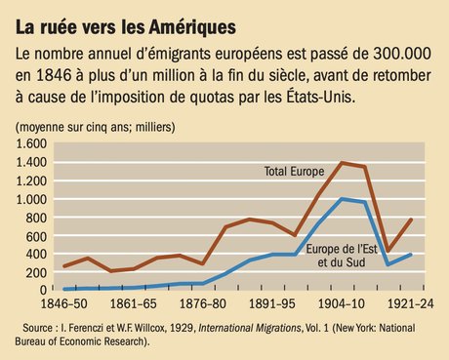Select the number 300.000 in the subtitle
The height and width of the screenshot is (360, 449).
pyautogui.click(x=387, y=55)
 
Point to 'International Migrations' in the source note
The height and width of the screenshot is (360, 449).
pyautogui.click(x=257, y=327)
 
